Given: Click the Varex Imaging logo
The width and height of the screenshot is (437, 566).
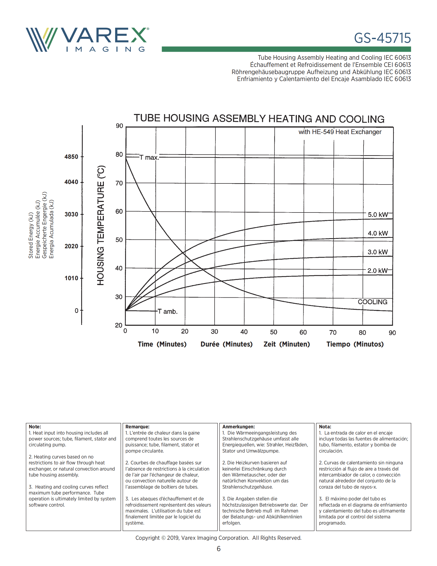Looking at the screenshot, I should click(87, 40).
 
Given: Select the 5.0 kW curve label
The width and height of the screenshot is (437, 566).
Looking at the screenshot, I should click(378, 215).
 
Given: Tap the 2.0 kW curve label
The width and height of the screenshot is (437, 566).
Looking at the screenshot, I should click(377, 271).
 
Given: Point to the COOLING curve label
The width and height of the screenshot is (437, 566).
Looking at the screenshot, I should click(372, 302).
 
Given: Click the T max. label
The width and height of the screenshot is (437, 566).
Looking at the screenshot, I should click(149, 157).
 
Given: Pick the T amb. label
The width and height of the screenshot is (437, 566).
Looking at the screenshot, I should click(168, 311).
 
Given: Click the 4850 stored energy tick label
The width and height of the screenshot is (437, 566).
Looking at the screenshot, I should click(71, 157).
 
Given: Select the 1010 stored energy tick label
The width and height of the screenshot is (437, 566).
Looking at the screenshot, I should click(71, 278).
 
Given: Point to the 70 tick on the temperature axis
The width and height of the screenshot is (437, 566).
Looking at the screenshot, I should click(119, 183).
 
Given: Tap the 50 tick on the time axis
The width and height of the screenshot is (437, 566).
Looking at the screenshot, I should click(274, 332).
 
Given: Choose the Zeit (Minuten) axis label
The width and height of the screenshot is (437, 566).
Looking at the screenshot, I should click(287, 344).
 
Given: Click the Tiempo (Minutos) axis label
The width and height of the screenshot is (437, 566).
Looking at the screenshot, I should click(355, 344).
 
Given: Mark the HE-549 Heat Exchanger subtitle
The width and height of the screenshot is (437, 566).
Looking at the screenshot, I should click(340, 132).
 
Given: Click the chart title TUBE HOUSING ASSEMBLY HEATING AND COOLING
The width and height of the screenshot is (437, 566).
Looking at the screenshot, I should click(259, 118).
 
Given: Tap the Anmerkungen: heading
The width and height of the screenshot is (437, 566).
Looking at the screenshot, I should click(239, 427).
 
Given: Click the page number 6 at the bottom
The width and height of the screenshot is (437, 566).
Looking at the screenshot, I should click(219, 549).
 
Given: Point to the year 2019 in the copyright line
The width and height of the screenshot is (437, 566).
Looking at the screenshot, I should click(173, 538).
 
